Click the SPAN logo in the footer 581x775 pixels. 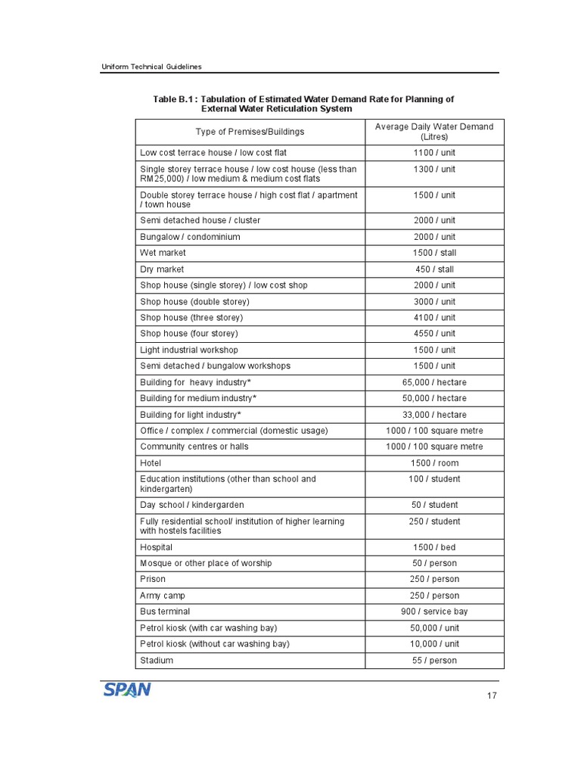pyautogui.click(x=127, y=689)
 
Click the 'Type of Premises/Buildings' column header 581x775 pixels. pyautogui.click(x=250, y=132)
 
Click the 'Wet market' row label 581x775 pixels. pyautogui.click(x=163, y=253)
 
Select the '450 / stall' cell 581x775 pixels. pyautogui.click(x=434, y=269)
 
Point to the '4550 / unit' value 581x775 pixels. pyautogui.click(x=434, y=334)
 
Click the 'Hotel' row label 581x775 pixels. pyautogui.click(x=151, y=463)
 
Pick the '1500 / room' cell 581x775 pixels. pyautogui.click(x=434, y=463)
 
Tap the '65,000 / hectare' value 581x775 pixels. pyautogui.click(x=434, y=382)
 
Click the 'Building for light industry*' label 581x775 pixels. pyautogui.click(x=191, y=415)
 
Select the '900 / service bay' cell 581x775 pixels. pyautogui.click(x=434, y=612)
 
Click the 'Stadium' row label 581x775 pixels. pyautogui.click(x=157, y=661)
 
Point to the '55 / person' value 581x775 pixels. pyautogui.click(x=434, y=661)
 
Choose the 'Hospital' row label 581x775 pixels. pyautogui.click(x=157, y=547)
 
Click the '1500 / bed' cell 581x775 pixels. pyautogui.click(x=434, y=547)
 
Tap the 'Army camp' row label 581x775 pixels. pyautogui.click(x=163, y=596)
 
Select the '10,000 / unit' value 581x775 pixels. pyautogui.click(x=434, y=644)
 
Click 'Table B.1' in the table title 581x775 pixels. pyautogui.click(x=175, y=99)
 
